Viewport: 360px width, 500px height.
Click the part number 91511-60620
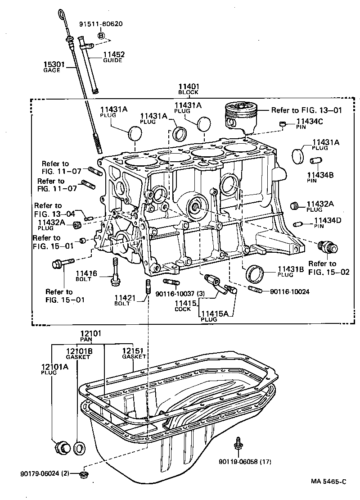pyautogui.click(x=101, y=24)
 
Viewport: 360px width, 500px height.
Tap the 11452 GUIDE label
pyautogui.click(x=113, y=57)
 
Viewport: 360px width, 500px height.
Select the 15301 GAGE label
pyautogui.click(x=54, y=67)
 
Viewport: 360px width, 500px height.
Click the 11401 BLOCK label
pyautogui.click(x=189, y=89)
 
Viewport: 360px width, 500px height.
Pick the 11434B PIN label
pyautogui.click(x=320, y=177)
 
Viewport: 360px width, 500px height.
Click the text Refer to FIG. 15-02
pyautogui.click(x=322, y=267)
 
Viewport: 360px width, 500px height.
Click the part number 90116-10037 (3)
pyautogui.click(x=174, y=294)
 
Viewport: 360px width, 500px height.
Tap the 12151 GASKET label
pyautogui.click(x=134, y=353)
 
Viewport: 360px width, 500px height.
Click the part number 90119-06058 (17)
pyautogui.click(x=245, y=462)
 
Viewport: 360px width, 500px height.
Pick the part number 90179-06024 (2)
pyautogui.click(x=45, y=473)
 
